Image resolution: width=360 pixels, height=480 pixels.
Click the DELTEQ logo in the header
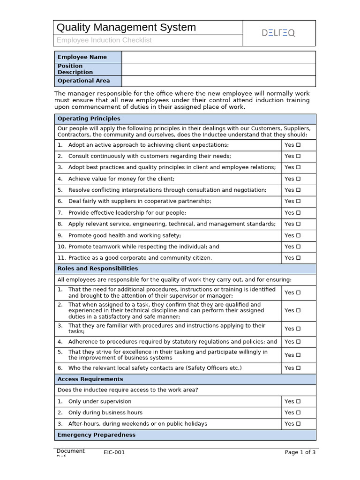pyautogui.click(x=278, y=33)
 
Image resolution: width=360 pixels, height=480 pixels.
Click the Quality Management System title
pyautogui.click(x=126, y=27)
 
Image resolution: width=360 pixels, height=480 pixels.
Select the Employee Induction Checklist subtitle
pyautogui.click(x=104, y=40)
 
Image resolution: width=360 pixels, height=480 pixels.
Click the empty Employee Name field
pyautogui.click(x=218, y=57)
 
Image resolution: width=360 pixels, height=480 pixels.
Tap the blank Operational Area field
pyautogui.click(x=218, y=81)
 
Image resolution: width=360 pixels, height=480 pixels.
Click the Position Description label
pyautogui.click(x=75, y=69)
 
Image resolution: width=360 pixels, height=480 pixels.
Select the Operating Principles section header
pyautogui.click(x=89, y=119)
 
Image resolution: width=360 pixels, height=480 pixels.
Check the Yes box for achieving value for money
pyautogui.click(x=299, y=179)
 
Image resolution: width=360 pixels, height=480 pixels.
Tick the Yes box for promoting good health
pyautogui.click(x=299, y=235)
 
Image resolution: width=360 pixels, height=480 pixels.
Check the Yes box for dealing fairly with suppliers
pyautogui.click(x=299, y=201)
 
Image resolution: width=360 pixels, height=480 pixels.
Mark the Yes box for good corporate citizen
pyautogui.click(x=299, y=258)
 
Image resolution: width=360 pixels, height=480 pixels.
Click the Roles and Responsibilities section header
pyautogui.click(x=97, y=269)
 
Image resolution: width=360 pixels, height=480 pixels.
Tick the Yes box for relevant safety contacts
pyautogui.click(x=299, y=368)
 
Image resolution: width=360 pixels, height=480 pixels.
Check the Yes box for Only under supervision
pyautogui.click(x=299, y=401)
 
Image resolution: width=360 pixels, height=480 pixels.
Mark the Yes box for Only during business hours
pyautogui.click(x=299, y=412)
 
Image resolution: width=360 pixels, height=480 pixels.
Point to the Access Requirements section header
pyautogui.click(x=90, y=379)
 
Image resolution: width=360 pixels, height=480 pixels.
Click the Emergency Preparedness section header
pyautogui.click(x=97, y=435)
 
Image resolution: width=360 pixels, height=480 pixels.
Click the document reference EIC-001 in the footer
pyautogui.click(x=114, y=452)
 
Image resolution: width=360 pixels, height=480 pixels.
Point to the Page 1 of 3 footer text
pyautogui.click(x=300, y=452)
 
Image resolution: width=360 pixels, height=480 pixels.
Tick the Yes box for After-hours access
pyautogui.click(x=299, y=424)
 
